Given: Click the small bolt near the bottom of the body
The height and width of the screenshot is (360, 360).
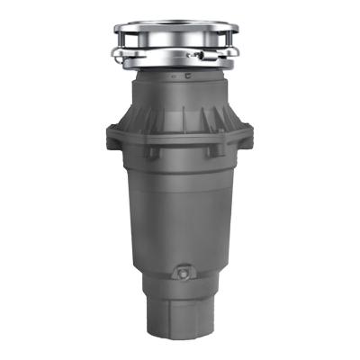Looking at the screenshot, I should [x=184, y=271].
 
